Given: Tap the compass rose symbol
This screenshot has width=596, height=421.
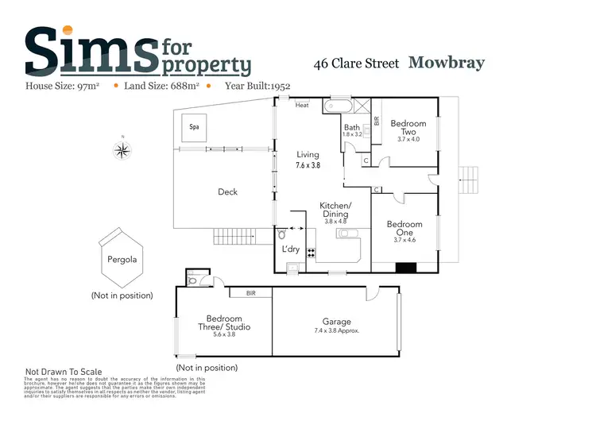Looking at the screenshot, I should click(x=123, y=149).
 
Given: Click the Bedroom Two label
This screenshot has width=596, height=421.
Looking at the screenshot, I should click(x=408, y=124).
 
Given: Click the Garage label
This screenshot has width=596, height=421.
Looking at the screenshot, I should click(x=337, y=321).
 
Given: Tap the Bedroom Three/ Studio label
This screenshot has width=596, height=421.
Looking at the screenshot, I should click(x=224, y=323).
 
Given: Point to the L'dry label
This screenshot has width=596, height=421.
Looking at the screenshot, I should click(x=289, y=249).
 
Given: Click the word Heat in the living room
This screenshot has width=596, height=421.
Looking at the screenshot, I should click(x=302, y=105).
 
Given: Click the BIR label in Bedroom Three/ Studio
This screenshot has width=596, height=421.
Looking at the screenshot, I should click(x=251, y=293).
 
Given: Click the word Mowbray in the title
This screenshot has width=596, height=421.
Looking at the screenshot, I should click(x=446, y=63).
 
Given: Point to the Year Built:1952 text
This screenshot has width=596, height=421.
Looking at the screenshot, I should click(x=257, y=86).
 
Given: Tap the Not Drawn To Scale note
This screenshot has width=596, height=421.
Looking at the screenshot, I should click(x=65, y=371).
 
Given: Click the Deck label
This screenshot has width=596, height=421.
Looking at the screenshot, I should click(x=227, y=191).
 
